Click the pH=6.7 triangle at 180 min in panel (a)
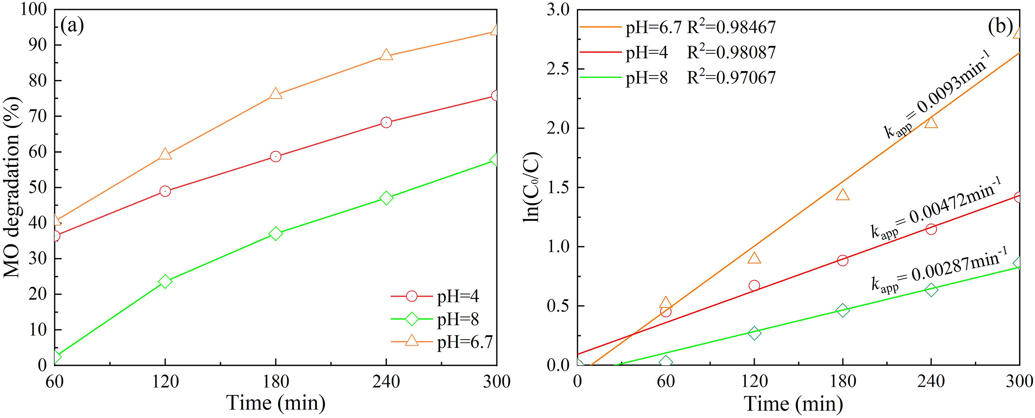(275, 94)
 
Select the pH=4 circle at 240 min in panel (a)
(386, 122)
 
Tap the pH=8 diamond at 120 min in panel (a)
(165, 281)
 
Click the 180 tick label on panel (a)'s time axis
(275, 381)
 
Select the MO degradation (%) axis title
(12, 187)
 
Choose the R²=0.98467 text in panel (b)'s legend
(731, 27)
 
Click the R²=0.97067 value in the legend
(731, 77)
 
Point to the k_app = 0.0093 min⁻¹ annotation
(936, 94)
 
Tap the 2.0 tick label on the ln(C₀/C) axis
(559, 128)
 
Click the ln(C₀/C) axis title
(533, 187)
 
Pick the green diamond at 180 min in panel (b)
(843, 310)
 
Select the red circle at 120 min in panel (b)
(754, 286)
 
